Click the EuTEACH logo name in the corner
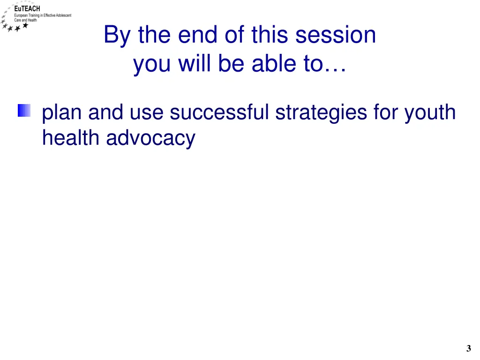click(27, 9)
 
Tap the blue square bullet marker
click(24, 111)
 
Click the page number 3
click(468, 348)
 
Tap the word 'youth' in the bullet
click(430, 113)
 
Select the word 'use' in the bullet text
click(146, 113)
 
